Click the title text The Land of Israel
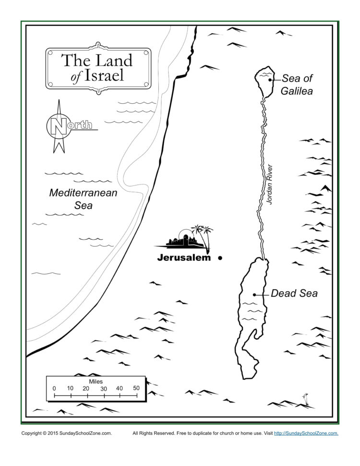(x=98, y=68)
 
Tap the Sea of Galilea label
(x=297, y=84)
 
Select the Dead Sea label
(x=294, y=293)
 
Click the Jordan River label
(x=270, y=185)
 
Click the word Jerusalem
(x=184, y=258)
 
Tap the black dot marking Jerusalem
(x=220, y=258)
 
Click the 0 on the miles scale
(x=54, y=388)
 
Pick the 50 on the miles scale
(x=136, y=388)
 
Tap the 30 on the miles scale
(x=103, y=388)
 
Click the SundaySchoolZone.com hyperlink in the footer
(x=306, y=433)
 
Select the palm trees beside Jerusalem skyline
(x=203, y=235)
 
